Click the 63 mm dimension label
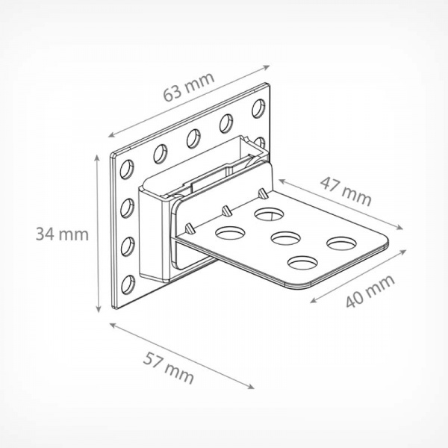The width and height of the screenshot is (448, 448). click(x=189, y=87)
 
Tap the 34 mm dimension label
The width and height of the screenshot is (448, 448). click(x=62, y=234)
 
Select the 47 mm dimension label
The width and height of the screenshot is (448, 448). click(x=346, y=191)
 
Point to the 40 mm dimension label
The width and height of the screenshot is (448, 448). click(x=370, y=291)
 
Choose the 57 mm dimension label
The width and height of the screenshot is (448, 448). click(x=169, y=367)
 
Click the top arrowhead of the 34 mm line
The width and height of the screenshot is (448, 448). click(x=98, y=158)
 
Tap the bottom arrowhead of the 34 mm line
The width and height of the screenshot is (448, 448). click(x=98, y=308)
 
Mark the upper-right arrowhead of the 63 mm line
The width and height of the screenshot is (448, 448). click(x=267, y=67)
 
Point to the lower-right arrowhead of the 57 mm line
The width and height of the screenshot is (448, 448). click(x=251, y=387)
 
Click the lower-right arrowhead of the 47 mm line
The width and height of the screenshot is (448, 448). click(x=399, y=227)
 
